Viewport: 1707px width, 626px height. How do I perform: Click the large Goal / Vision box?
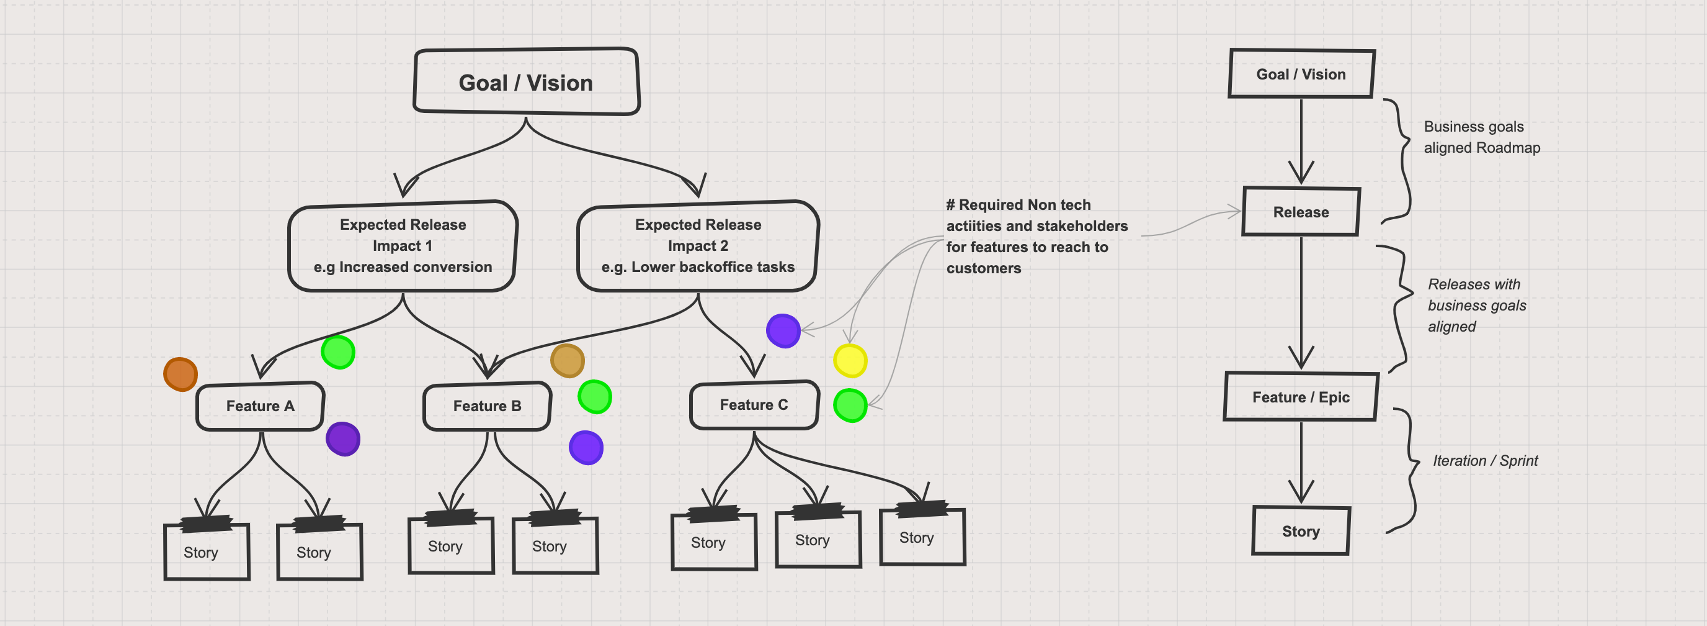tap(526, 82)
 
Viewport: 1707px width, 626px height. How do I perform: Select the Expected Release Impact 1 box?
tap(402, 246)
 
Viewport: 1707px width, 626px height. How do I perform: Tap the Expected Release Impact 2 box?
tap(698, 246)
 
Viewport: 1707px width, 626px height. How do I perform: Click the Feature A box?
tap(260, 406)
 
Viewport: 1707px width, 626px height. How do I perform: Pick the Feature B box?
tap(487, 406)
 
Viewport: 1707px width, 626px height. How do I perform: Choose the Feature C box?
tap(754, 404)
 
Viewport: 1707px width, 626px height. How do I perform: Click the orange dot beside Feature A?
tap(181, 374)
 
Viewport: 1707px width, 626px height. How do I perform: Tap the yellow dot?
tap(850, 361)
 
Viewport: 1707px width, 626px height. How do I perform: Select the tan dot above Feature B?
tap(567, 361)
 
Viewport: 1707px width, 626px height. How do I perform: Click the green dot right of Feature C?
tap(850, 405)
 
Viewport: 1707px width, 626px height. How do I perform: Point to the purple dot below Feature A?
tap(342, 439)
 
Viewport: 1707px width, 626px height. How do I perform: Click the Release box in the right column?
tap(1301, 212)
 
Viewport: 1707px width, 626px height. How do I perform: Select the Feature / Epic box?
tap(1300, 397)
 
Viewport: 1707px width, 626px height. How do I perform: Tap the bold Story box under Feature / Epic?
tap(1300, 531)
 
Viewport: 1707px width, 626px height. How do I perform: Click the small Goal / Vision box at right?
tap(1301, 75)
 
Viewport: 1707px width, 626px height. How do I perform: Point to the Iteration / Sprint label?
tap(1484, 461)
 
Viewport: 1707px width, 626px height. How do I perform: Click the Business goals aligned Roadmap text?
tap(1481, 137)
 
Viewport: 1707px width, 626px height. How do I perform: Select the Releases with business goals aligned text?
tap(1476, 305)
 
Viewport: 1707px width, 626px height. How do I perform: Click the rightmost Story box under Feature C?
tap(922, 538)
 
